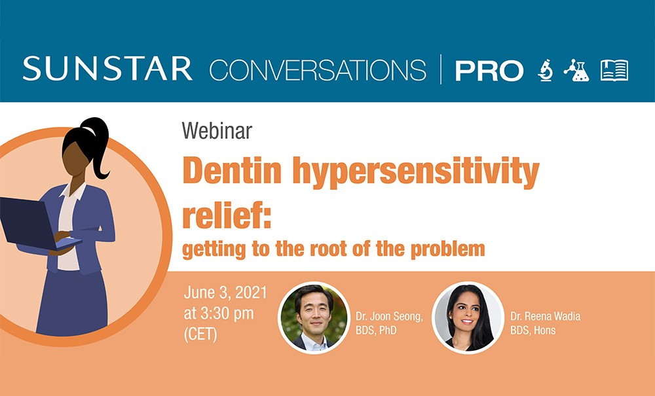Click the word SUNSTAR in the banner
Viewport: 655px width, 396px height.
[107, 69]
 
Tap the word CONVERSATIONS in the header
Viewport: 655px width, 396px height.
[318, 69]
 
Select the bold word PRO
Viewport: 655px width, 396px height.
[489, 71]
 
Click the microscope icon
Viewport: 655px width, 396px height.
[545, 70]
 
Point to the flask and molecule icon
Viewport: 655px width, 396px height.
[576, 70]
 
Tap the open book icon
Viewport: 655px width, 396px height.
[614, 70]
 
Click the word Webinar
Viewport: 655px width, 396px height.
[217, 131]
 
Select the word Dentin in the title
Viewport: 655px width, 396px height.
[233, 170]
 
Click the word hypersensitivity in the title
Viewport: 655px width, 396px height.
[416, 172]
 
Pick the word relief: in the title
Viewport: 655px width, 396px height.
[227, 214]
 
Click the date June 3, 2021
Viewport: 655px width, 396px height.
[225, 293]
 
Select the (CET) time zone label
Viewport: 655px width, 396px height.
[200, 334]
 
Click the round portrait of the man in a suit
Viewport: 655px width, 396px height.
[314, 317]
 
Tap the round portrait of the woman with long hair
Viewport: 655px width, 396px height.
[468, 317]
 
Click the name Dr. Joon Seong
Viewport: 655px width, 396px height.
[389, 316]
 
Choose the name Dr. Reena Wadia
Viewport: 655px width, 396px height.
[545, 316]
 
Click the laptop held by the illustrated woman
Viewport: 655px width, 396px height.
[35, 225]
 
